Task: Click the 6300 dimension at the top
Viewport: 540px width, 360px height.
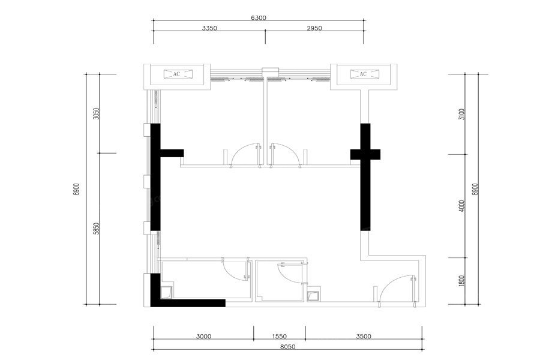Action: pos(258,18)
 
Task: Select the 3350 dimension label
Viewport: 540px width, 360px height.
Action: pos(209,28)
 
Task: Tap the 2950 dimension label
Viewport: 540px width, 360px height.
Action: pos(314,28)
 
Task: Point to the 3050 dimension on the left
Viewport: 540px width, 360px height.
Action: pos(97,113)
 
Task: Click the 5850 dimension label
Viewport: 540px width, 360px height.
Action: pos(97,229)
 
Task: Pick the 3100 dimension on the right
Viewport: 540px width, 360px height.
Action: pos(462,114)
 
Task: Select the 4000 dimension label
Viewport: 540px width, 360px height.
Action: pos(462,206)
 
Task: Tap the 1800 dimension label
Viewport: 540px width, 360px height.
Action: pos(462,280)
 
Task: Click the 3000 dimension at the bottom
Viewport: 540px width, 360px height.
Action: pos(203,336)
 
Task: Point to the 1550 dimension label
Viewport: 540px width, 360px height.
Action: pos(279,336)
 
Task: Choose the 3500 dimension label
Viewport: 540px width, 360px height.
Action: pos(364,336)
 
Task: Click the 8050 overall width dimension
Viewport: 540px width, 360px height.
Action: pos(287,347)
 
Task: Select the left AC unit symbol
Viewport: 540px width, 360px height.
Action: pos(177,74)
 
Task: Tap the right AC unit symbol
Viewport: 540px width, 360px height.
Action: pos(364,74)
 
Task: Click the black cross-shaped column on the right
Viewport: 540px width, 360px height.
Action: pos(365,177)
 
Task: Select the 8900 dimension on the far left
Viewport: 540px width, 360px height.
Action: pos(76,189)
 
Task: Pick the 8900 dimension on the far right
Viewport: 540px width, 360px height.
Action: pos(476,189)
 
